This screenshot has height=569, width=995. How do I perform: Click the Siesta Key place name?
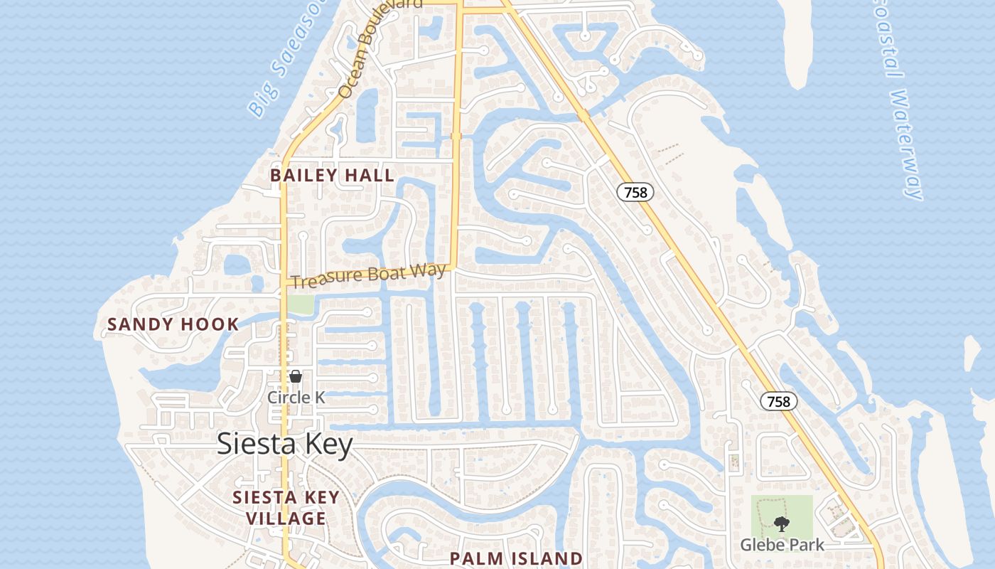284,445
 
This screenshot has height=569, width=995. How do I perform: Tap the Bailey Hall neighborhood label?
332,175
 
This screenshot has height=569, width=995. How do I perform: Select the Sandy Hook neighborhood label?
173,325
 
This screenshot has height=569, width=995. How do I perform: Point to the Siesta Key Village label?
286,508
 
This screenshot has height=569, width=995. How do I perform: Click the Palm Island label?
516,558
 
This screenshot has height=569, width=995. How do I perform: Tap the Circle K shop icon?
296,376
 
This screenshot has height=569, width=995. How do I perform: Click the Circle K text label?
296,398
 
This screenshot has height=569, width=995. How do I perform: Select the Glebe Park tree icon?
782,525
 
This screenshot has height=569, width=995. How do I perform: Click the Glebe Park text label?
782,545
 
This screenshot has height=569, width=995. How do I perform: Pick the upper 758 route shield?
635,191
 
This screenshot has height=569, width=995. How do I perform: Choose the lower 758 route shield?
779,401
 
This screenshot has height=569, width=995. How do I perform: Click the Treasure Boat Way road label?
369,275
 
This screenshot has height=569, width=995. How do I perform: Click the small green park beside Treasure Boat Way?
300,304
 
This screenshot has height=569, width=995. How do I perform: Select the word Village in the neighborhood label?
286,519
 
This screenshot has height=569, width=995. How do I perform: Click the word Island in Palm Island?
548,558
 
